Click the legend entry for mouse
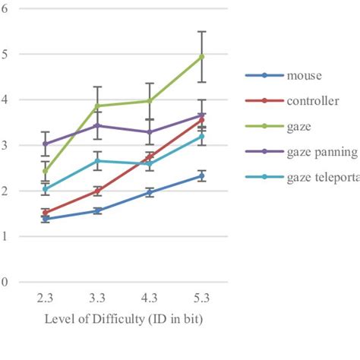pos(304,74)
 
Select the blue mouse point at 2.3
pos(45,219)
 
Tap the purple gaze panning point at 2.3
pos(45,144)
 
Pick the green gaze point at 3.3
pos(97,106)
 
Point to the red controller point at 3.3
pos(97,191)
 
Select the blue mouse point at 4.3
pos(150,193)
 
